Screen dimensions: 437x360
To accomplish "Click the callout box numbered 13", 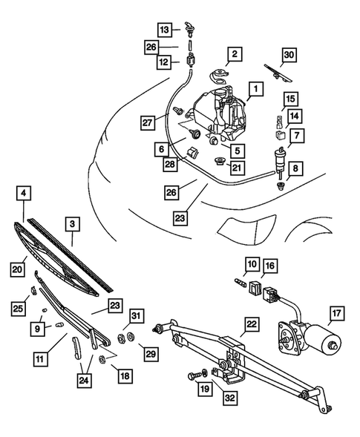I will click(164, 29).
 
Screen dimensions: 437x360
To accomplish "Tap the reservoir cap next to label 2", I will click(220, 75).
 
